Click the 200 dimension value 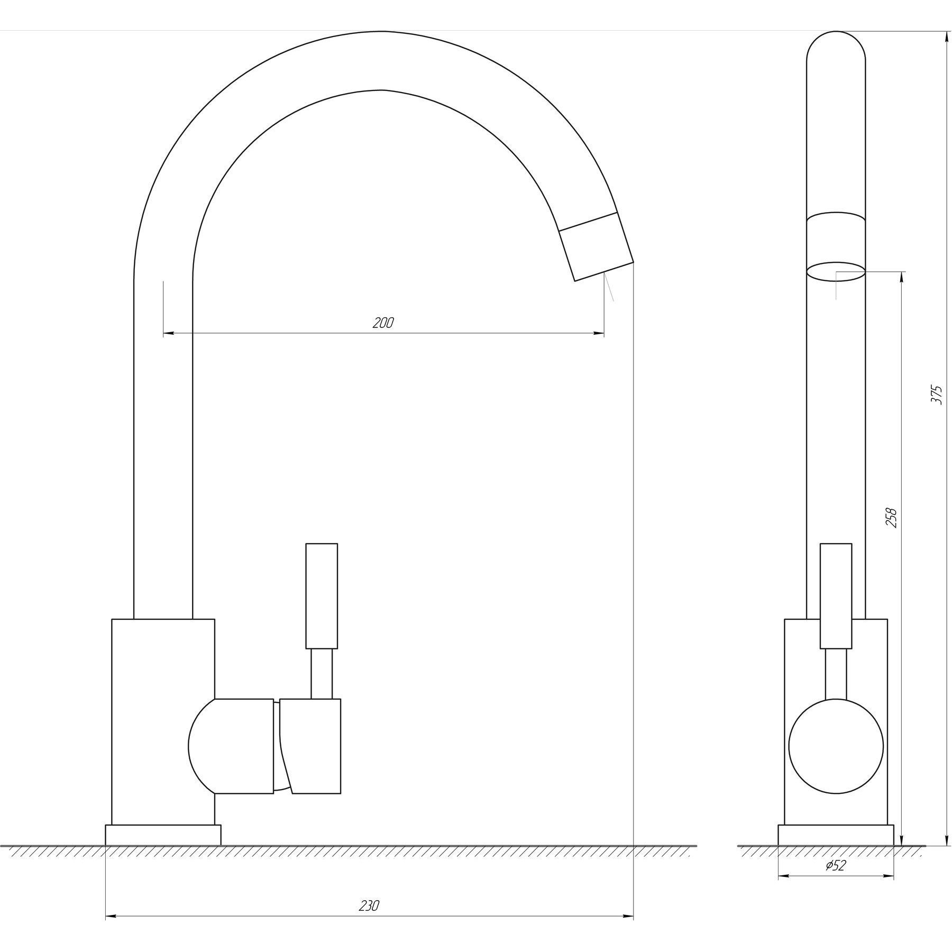[383, 323]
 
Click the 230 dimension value [369, 906]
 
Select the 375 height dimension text [937, 395]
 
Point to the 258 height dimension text [892, 518]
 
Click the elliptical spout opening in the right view [836, 271]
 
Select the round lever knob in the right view [836, 746]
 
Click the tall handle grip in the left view [322, 596]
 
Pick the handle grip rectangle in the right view [836, 596]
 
